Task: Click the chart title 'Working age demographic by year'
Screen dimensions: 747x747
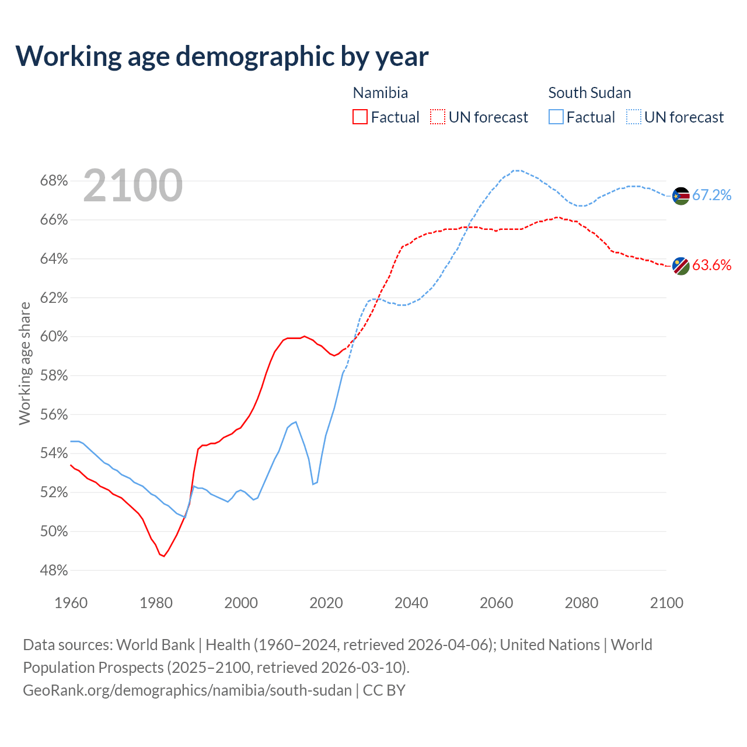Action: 222,56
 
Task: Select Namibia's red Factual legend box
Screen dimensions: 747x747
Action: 360,117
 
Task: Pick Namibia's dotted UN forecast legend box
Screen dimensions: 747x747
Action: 438,117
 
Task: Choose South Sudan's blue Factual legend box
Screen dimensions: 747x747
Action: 556,117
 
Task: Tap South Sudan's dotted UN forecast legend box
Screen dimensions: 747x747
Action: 634,117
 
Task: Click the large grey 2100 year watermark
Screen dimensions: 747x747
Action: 133,186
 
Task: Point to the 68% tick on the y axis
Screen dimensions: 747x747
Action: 54,181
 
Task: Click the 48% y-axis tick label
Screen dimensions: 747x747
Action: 54,570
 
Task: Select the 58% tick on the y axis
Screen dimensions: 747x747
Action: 54,376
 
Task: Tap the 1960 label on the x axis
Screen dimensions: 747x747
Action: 71,603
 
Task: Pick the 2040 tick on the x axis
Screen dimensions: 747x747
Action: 411,603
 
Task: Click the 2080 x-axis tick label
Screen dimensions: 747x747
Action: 581,603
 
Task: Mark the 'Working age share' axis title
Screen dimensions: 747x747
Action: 25,363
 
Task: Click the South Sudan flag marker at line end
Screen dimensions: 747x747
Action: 681,196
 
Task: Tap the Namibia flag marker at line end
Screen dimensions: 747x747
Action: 681,266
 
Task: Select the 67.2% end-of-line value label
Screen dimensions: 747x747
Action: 712,195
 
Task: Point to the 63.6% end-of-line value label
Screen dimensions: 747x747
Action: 712,265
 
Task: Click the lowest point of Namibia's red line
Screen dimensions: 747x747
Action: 164,556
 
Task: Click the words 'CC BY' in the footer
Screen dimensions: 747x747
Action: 384,690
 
